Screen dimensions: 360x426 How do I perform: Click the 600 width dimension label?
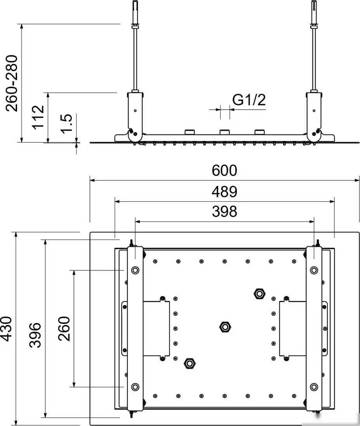(x=224, y=171)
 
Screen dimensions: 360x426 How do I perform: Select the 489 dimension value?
(x=224, y=192)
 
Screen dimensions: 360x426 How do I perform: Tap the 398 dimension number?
(x=224, y=211)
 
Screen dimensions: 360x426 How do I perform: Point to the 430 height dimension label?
(x=6, y=329)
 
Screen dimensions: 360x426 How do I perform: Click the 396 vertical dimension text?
(x=35, y=335)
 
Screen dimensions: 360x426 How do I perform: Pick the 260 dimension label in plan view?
(x=64, y=329)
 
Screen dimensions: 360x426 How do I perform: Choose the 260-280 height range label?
(x=12, y=83)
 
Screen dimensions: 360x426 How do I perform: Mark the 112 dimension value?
(x=38, y=117)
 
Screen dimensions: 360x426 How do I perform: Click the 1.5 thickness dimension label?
(x=66, y=124)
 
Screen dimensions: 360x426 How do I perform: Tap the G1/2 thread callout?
(x=249, y=100)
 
